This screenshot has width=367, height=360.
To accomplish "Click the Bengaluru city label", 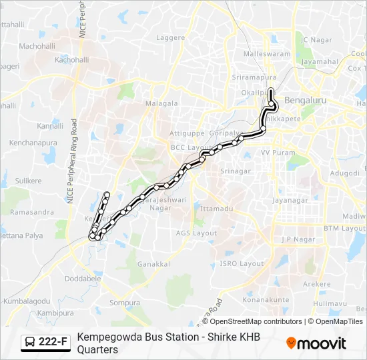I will point(304,100).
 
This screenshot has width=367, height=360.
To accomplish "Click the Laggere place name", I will point(169,37).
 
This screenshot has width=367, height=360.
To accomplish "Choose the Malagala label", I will point(161,103).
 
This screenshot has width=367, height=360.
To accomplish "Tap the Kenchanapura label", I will point(33,143).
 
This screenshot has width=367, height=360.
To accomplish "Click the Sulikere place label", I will point(29,180).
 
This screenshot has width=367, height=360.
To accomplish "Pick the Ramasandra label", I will point(32,212).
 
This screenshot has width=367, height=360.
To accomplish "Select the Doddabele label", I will point(83,277).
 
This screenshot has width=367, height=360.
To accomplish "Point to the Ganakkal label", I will point(153,264).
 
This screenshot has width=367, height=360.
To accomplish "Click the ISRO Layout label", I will point(243,263).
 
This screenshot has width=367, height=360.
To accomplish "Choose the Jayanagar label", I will point(290,199).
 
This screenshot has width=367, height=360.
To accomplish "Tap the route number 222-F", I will point(53,343).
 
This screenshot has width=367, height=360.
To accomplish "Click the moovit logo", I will point(316,343).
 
